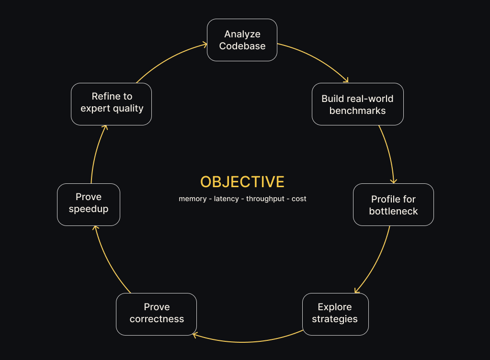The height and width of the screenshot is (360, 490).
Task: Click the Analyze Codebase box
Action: tap(242, 40)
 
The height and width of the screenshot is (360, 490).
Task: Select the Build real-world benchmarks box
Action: tap(357, 104)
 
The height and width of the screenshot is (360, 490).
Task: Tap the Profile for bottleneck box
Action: tap(393, 205)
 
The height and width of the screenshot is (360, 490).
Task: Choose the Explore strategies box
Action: tap(335, 313)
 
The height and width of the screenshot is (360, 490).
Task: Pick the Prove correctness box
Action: tap(156, 313)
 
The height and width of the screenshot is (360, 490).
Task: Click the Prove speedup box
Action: tap(88, 203)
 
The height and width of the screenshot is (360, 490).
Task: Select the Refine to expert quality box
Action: tap(111, 102)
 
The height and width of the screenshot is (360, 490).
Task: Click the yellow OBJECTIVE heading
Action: tap(242, 182)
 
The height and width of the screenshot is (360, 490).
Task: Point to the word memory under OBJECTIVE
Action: tap(193, 199)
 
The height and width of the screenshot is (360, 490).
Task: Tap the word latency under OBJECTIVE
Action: tap(226, 199)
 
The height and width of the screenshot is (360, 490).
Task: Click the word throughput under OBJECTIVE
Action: tap(265, 199)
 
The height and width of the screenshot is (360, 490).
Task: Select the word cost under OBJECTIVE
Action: tap(299, 199)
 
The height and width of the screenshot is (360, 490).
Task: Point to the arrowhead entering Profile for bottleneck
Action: tap(393, 180)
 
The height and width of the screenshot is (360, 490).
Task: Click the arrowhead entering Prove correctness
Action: tap(195, 335)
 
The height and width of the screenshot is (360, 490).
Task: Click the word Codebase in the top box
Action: tap(242, 46)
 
